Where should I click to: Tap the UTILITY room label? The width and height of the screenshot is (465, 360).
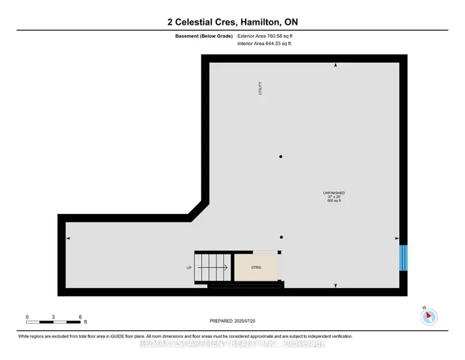259,89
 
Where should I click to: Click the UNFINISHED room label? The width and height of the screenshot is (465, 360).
333,192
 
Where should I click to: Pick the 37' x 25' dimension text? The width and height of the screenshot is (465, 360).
333,196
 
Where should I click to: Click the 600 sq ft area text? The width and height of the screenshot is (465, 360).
333,201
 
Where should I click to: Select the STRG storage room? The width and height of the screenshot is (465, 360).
256,267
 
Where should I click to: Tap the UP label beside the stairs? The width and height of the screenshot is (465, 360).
190,268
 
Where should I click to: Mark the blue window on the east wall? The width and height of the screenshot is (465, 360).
404,256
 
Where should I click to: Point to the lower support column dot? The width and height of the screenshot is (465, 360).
281,237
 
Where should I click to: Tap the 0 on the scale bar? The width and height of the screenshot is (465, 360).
27,316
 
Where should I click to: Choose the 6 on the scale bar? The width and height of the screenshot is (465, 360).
80,316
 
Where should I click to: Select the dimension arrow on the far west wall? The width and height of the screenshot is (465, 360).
68,239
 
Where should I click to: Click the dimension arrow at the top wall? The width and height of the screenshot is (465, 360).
335,66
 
